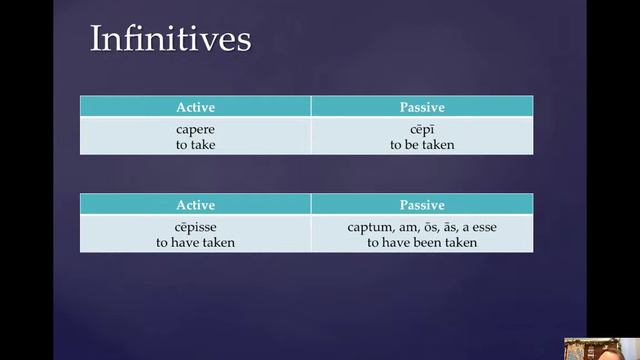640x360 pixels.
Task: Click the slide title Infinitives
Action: pyautogui.click(x=170, y=39)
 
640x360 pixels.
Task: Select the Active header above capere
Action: pyautogui.click(x=195, y=106)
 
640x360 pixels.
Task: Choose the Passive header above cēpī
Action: pyautogui.click(x=422, y=106)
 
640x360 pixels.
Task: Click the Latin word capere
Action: pyautogui.click(x=195, y=129)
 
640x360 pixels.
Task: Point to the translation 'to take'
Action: pyautogui.click(x=195, y=144)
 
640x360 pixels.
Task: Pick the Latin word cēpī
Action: pyautogui.click(x=422, y=129)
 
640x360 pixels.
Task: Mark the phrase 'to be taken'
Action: pyautogui.click(x=422, y=144)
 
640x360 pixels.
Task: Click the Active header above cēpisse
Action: pyautogui.click(x=195, y=204)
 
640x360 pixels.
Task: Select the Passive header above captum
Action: pyautogui.click(x=422, y=204)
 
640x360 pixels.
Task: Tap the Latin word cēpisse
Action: pyautogui.click(x=195, y=227)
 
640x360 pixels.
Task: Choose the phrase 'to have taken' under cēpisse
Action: pyautogui.click(x=195, y=242)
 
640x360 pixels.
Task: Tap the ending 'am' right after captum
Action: pyautogui.click(x=400, y=227)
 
